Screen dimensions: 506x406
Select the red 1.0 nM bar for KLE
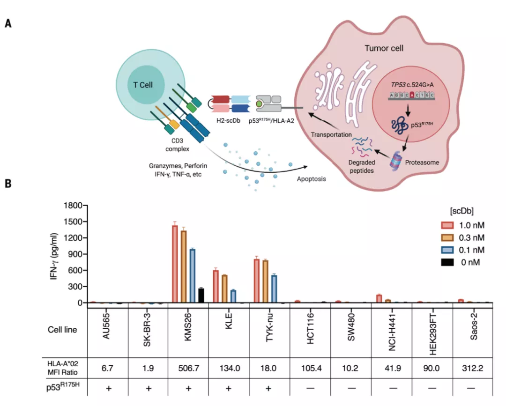[216, 287]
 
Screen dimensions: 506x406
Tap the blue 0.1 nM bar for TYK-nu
[274, 289]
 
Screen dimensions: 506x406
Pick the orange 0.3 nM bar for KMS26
[184, 267]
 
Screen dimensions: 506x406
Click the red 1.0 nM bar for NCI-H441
[379, 299]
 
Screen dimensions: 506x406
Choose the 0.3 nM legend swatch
[447, 238]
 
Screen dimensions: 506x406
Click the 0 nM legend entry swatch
[447, 262]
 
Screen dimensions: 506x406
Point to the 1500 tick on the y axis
[74, 222]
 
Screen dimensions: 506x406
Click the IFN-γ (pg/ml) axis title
[54, 256]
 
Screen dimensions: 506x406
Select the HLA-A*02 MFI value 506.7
[189, 368]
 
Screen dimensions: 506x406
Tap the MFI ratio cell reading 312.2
[472, 368]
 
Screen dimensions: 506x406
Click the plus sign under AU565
[109, 388]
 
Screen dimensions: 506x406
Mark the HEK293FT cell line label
[433, 334]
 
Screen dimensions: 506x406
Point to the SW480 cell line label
[351, 327]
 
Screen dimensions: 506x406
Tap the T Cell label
[142, 85]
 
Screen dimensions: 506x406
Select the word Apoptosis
[312, 179]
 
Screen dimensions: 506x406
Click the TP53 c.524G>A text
[412, 85]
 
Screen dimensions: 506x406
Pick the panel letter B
[8, 184]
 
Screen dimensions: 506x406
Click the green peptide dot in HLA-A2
[259, 104]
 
